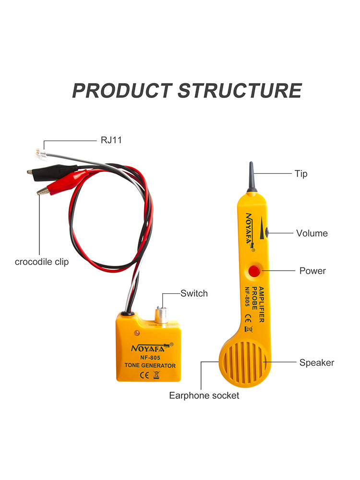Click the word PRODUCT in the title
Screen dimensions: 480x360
click(121, 91)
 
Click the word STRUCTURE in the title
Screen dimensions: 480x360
click(240, 91)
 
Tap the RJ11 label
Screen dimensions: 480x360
click(111, 141)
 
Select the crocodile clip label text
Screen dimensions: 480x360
click(42, 262)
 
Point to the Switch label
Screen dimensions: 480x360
click(194, 293)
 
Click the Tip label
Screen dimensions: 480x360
click(301, 173)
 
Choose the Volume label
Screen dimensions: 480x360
click(312, 233)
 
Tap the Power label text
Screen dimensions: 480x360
click(312, 271)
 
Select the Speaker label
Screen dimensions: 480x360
click(317, 362)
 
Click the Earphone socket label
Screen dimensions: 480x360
click(204, 396)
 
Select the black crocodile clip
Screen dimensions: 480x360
click(52, 170)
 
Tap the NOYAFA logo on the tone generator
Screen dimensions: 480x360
click(148, 348)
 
